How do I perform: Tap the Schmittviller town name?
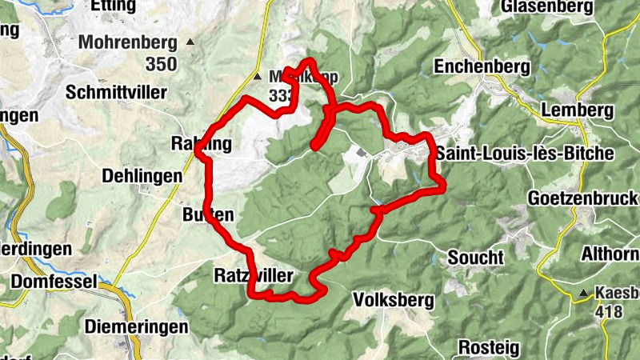pyautogui.click(x=118, y=92)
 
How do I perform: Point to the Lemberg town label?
pyautogui.click(x=576, y=110)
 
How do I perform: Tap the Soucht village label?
pyautogui.click(x=476, y=258)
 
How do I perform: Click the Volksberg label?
pyautogui.click(x=393, y=301)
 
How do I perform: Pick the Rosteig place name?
pyautogui.click(x=489, y=348)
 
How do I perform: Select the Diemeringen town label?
pyautogui.click(x=136, y=326)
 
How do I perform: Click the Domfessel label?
pyautogui.click(x=54, y=282)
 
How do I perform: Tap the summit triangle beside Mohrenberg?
pyautogui.click(x=190, y=42)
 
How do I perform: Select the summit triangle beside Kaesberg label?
pyautogui.click(x=585, y=293)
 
